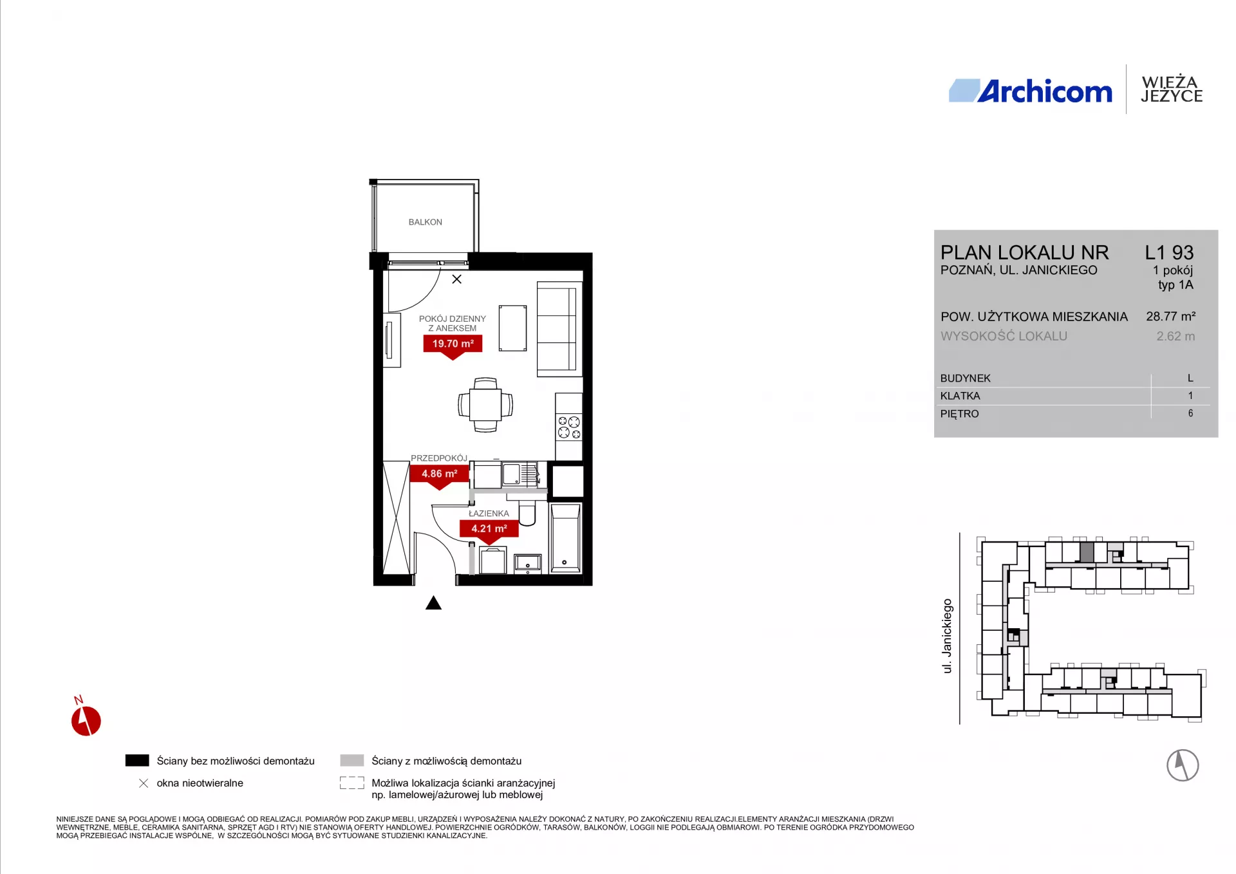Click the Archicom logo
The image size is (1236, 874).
1030,91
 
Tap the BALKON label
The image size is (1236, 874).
425,222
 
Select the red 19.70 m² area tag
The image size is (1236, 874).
453,346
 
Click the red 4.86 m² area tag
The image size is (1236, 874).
439,476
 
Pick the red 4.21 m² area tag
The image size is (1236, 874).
489,530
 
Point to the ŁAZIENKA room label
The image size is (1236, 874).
489,514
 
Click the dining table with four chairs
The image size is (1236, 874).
485,405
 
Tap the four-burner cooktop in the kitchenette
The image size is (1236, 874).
569,427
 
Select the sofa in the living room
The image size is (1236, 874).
557,329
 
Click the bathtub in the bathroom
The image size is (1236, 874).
565,538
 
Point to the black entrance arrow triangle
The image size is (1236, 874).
433,603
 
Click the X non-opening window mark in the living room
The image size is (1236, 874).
456,279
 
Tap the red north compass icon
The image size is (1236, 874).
85,719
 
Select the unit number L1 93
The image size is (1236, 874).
1169,252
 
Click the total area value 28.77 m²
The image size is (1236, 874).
1170,316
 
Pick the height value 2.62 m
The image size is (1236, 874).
1175,336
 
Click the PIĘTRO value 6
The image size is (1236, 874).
1190,413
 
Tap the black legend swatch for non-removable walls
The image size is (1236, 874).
137,761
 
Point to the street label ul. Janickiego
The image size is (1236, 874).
947,636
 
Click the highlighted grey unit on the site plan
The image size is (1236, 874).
1087,552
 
